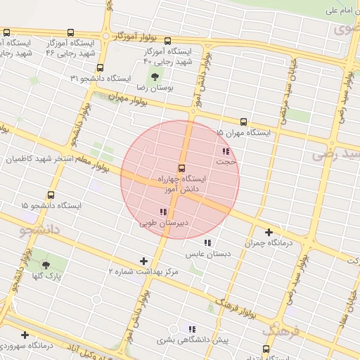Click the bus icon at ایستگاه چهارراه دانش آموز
click(x=182, y=168)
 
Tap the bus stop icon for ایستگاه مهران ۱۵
click(x=244, y=121)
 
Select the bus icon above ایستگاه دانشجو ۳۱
click(x=100, y=68)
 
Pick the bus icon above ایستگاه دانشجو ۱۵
click(x=50, y=195)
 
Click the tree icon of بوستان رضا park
click(x=153, y=77)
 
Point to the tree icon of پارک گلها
click(x=46, y=265)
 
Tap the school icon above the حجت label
click(x=225, y=151)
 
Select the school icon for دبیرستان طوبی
click(x=163, y=212)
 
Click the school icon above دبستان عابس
click(x=207, y=243)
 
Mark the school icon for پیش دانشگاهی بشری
click(x=192, y=328)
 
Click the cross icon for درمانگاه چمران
click(x=269, y=232)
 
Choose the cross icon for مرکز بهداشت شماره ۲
click(x=144, y=261)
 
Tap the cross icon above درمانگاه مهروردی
click(x=25, y=335)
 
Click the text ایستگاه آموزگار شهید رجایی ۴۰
click(x=168, y=57)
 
